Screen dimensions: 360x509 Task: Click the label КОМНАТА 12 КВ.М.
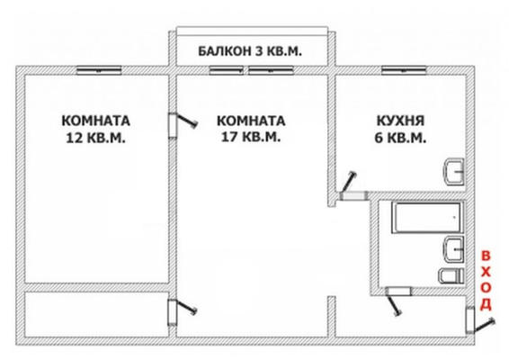click(95, 130)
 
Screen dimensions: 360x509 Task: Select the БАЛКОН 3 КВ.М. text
click(250, 52)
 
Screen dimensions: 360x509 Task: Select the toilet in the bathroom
click(449, 274)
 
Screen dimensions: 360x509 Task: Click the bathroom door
click(395, 298)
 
